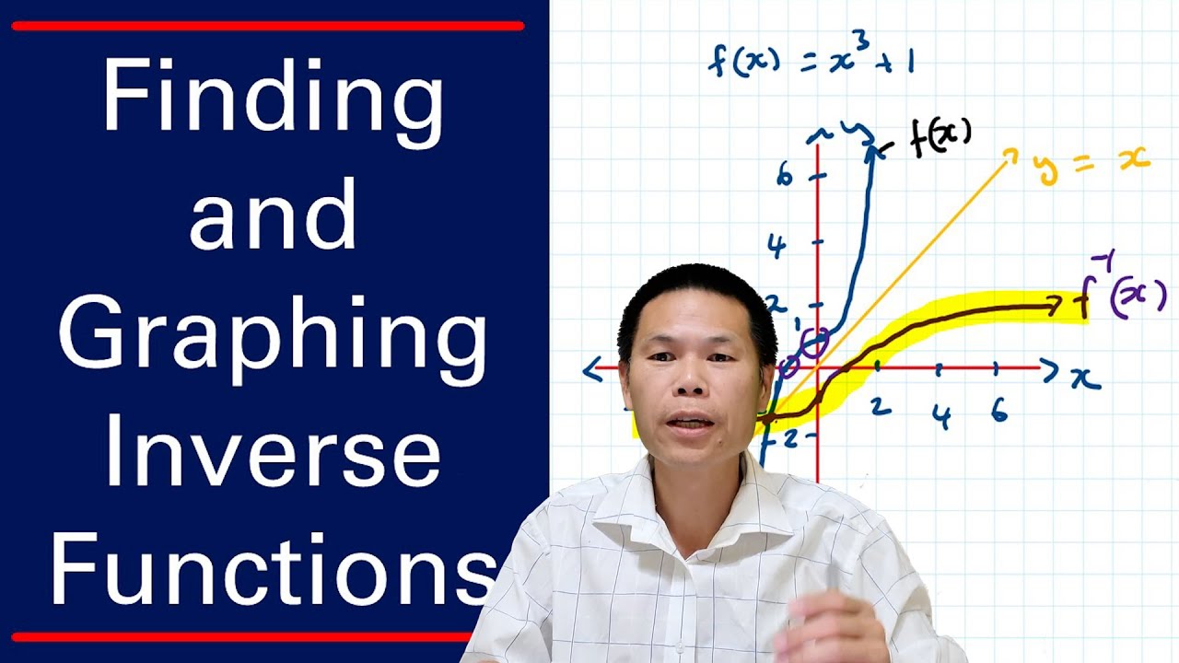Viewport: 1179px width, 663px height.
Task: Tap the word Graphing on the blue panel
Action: (273, 337)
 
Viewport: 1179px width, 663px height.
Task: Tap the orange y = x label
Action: (1091, 164)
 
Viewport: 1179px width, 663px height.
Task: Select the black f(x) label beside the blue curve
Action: (940, 140)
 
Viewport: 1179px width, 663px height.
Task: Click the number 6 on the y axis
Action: (784, 176)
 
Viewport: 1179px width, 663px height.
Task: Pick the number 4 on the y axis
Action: (777, 247)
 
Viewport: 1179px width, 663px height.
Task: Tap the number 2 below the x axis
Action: (881, 405)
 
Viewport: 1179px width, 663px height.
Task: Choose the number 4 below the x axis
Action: (940, 417)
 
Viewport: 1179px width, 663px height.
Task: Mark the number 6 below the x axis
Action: (999, 412)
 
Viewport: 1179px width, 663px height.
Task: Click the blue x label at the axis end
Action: (1085, 378)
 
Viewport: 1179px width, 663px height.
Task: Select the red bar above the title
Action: (267, 26)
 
